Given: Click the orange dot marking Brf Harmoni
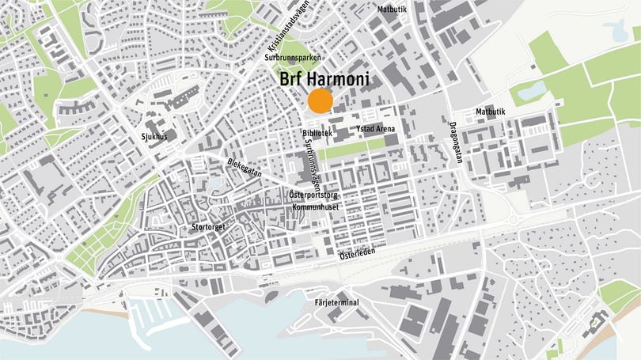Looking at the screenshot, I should [x=320, y=101].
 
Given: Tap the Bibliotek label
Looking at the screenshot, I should [x=317, y=134].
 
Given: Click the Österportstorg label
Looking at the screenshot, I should [x=313, y=194].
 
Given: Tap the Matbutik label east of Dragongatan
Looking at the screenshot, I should [x=489, y=112].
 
